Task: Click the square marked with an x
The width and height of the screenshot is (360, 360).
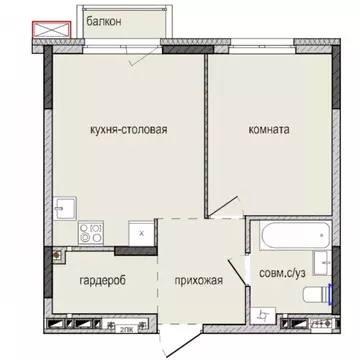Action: [143, 232]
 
